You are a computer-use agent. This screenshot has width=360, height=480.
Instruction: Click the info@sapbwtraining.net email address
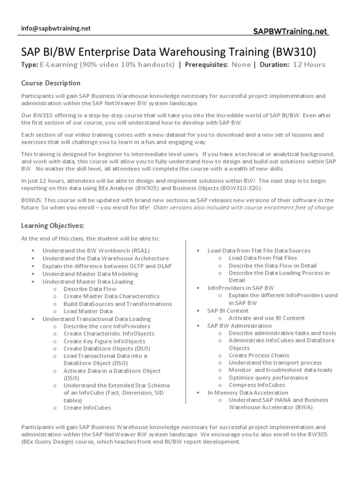point(56,28)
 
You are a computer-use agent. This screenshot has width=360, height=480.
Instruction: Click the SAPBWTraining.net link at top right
point(291,31)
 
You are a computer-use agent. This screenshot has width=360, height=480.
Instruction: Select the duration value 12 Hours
point(309,65)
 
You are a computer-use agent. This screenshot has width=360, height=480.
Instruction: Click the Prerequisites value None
point(241,65)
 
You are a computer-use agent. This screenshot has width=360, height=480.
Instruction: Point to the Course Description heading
point(51,83)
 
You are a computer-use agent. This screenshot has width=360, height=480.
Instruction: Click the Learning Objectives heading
point(52,226)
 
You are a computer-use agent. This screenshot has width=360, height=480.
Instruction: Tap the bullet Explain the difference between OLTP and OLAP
point(105,266)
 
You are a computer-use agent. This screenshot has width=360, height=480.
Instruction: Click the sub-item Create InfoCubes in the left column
point(87,408)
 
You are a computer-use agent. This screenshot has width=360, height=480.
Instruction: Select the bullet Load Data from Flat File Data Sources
point(259,251)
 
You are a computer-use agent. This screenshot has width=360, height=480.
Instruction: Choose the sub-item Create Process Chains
point(259,355)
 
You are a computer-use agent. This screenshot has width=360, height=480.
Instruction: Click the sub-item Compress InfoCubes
point(256,385)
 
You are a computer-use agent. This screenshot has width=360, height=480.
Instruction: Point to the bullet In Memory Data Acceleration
point(247,392)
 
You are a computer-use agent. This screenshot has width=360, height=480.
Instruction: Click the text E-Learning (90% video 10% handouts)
point(107,65)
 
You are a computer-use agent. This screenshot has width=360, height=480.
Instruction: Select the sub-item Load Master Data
point(88,311)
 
